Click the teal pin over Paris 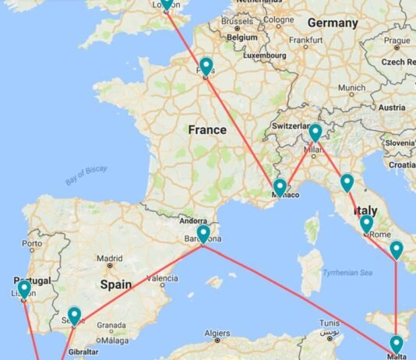click(x=206, y=66)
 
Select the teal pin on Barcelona click(x=203, y=234)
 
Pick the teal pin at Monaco click(x=280, y=187)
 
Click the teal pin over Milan click(x=315, y=132)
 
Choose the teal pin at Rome click(x=367, y=224)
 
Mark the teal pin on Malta click(x=396, y=344)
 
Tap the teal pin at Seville click(x=74, y=315)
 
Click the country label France click(x=207, y=130)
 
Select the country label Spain click(x=115, y=285)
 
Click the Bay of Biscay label click(x=86, y=175)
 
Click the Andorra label click(x=193, y=221)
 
